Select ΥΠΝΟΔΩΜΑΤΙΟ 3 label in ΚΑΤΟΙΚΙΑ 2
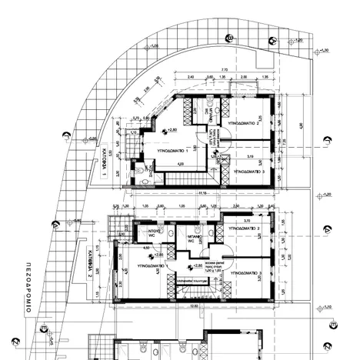(245, 272)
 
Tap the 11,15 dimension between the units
(202, 193)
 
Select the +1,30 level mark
(324, 51)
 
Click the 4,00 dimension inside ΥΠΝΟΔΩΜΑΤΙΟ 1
(180, 164)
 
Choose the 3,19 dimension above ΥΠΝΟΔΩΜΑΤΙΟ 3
(250, 157)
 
